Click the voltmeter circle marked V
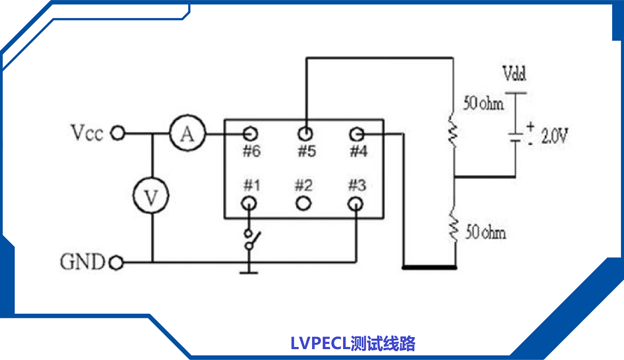click(x=150, y=197)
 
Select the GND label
click(x=83, y=262)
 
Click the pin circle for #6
click(x=251, y=133)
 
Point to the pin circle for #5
click(x=305, y=134)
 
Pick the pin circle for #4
click(x=356, y=134)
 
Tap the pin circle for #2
click(x=304, y=202)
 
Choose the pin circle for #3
click(x=356, y=202)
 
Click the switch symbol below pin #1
click(x=252, y=240)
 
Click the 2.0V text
click(x=555, y=137)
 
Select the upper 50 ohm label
click(x=484, y=104)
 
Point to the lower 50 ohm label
click(x=485, y=233)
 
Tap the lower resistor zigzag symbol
click(x=454, y=228)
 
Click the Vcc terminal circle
click(x=118, y=134)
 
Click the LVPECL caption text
click(x=353, y=344)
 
